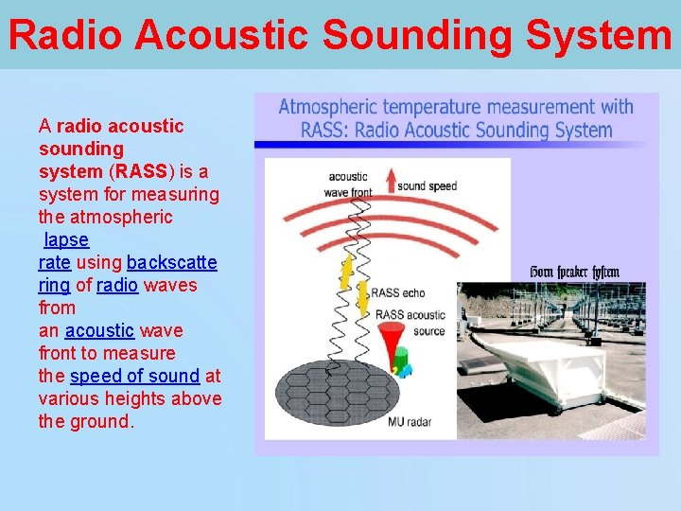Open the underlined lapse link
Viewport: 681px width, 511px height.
point(66,239)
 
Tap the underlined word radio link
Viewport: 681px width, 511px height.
point(117,285)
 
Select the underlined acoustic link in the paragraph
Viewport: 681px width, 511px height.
point(99,330)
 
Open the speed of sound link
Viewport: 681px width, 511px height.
point(134,376)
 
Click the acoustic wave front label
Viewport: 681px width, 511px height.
point(348,184)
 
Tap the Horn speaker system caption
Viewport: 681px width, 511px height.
point(574,273)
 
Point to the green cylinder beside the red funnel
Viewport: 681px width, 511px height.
point(400,359)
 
